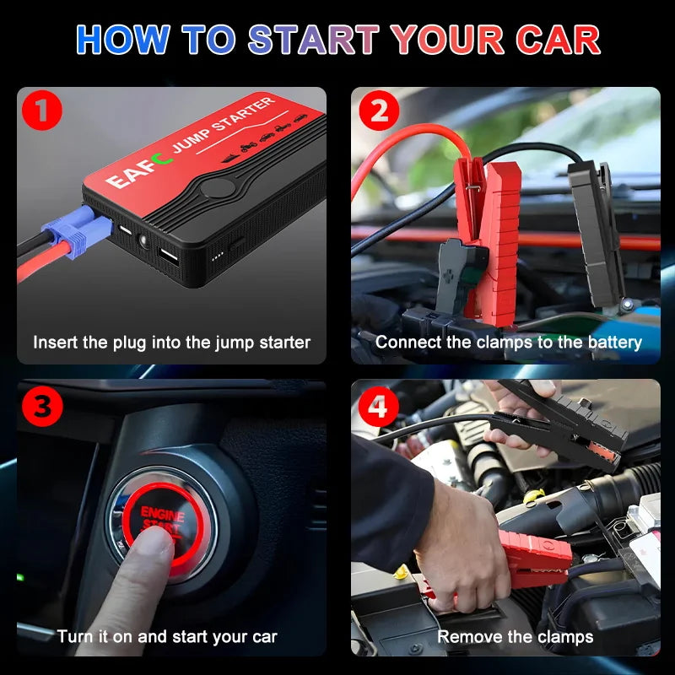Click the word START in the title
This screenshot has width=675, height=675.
(x=314, y=40)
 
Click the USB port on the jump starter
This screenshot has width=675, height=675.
(x=167, y=256)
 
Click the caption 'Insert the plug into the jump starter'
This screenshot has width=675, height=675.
(x=171, y=343)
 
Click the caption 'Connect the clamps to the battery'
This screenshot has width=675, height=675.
(x=508, y=343)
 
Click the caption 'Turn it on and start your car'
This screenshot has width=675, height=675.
(x=167, y=636)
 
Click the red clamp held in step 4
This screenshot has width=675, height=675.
(x=532, y=557)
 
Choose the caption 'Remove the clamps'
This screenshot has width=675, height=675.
(x=515, y=636)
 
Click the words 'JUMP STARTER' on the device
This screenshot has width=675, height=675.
(x=223, y=126)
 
